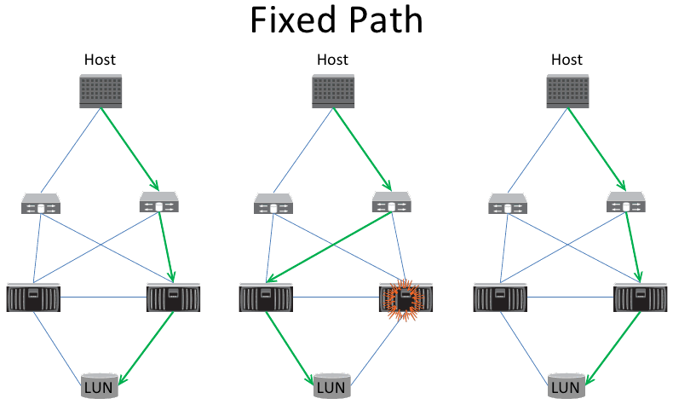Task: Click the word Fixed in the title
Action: (291, 21)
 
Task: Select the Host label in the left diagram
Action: (100, 60)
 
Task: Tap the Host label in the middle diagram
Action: (332, 60)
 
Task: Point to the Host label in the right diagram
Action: (567, 60)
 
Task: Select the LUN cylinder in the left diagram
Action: (100, 387)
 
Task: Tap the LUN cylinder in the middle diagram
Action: (332, 387)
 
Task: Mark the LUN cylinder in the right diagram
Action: (567, 387)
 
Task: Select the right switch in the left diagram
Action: (158, 203)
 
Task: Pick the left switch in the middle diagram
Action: (274, 205)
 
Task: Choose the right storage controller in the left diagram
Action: (173, 297)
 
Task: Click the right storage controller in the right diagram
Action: (640, 297)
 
